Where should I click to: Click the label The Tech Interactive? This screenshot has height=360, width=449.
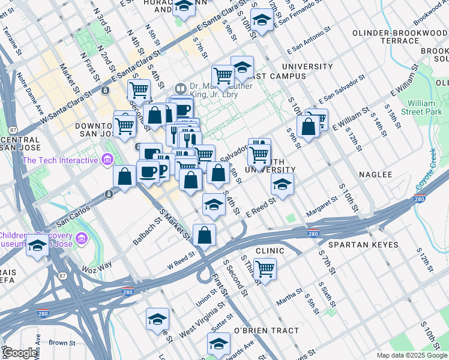[59, 160]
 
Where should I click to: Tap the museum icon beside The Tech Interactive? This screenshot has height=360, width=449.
[107, 160]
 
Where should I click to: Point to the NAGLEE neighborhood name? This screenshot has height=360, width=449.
[375, 175]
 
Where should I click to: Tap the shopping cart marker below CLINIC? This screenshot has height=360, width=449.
[264, 268]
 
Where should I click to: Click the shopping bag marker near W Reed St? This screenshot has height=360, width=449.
[204, 235]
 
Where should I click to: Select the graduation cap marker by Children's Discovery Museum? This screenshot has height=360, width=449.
[37, 245]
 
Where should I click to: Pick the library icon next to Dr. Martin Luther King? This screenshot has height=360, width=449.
[181, 86]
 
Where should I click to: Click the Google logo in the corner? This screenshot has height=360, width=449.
[20, 353]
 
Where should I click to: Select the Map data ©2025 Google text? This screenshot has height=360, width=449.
[411, 355]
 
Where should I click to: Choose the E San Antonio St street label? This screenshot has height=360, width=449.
[309, 41]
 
